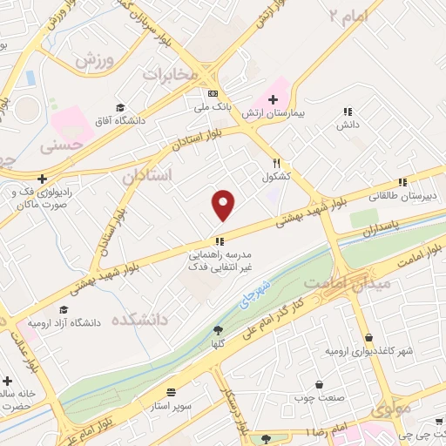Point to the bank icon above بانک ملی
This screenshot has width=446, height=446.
[212, 94]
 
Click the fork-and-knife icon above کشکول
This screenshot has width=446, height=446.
[276, 163]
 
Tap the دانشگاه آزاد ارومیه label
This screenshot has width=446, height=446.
[64, 322]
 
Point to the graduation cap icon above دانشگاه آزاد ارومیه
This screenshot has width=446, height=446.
[63, 309]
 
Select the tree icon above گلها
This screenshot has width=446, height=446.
[218, 330]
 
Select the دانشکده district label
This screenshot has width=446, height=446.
[137, 321]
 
